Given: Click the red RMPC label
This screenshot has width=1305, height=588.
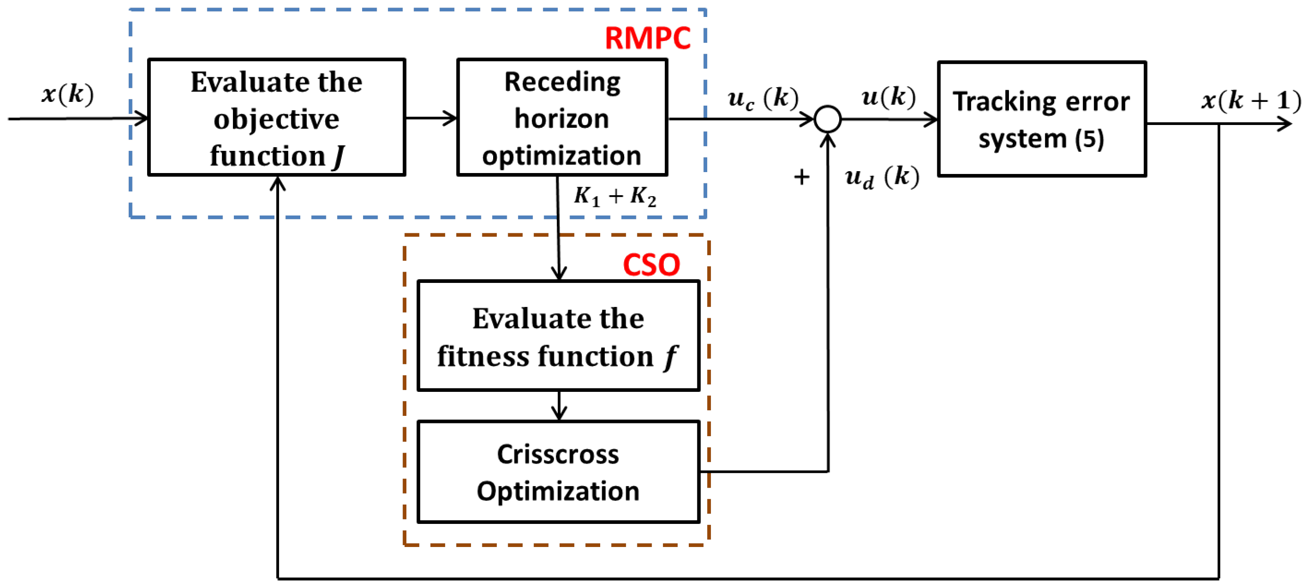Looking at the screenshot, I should (647, 38).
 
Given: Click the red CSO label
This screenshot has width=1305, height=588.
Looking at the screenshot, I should (651, 265).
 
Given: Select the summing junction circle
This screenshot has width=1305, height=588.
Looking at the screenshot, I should (827, 119).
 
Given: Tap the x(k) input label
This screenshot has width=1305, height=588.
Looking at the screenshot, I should (67, 94).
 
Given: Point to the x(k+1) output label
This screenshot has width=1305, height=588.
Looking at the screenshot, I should (1251, 100).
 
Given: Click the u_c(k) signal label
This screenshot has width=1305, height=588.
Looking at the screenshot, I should (762, 98).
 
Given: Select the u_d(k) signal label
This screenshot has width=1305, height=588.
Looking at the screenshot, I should (882, 177).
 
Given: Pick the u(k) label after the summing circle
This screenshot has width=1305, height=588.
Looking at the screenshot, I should (888, 96).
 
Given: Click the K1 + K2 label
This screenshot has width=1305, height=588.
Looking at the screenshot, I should (614, 196).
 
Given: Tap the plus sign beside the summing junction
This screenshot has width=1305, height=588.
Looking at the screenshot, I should (801, 177).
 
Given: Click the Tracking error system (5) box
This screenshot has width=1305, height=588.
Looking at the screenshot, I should (1041, 119).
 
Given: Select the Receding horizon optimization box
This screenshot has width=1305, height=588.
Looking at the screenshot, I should (562, 117).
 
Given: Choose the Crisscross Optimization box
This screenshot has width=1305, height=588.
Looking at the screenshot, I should (558, 472).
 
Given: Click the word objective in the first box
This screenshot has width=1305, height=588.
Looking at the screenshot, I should (276, 119).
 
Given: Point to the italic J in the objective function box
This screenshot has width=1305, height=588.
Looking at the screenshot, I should (339, 156).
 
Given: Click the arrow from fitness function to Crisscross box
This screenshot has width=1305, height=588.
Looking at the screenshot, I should (559, 406).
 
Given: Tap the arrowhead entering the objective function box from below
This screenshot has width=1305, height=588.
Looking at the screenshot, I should (278, 183).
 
